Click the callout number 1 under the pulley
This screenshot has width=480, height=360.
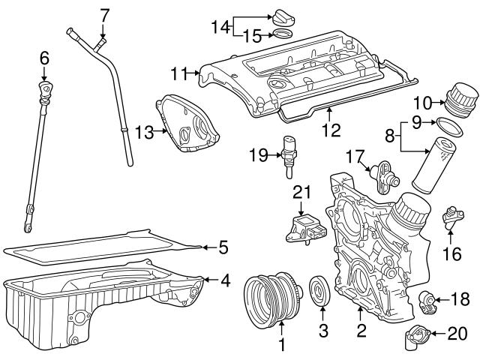[281, 346]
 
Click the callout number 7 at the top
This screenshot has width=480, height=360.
[104, 13]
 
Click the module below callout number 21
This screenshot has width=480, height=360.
[303, 226]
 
